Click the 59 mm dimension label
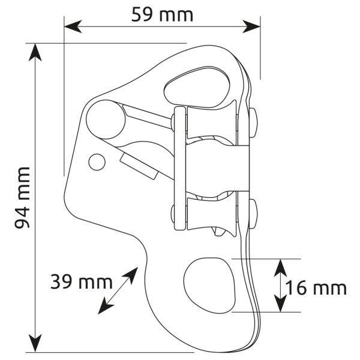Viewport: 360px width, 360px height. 162,14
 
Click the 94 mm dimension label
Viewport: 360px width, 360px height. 22,197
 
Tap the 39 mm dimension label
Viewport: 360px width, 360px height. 82,282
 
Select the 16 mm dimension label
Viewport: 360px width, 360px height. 316,288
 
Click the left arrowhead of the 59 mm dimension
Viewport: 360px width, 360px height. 73,26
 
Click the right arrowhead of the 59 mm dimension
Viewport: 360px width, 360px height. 251,26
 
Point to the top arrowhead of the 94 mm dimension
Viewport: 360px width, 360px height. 35,52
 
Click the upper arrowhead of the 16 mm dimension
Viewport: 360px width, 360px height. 281,268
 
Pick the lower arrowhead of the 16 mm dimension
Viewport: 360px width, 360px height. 281,303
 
